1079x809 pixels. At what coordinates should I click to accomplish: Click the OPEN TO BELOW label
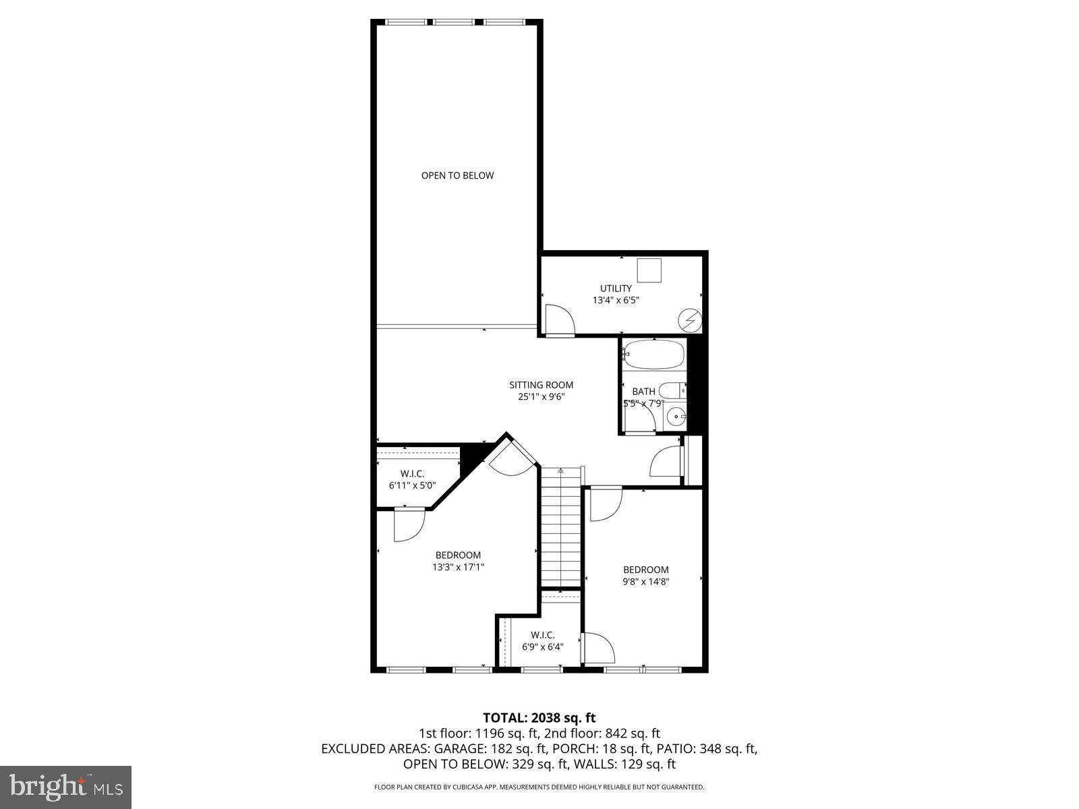pyautogui.click(x=457, y=175)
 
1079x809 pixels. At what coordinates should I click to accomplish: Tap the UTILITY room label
pyautogui.click(x=616, y=288)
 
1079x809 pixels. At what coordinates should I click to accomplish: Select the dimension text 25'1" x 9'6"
pyautogui.click(x=541, y=397)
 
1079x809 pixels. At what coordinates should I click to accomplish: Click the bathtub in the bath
pyautogui.click(x=653, y=355)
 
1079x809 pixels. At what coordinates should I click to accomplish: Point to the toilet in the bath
pyautogui.click(x=672, y=390)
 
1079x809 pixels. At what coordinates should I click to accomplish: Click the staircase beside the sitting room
pyautogui.click(x=561, y=529)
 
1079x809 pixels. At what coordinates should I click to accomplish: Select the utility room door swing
pyautogui.click(x=558, y=320)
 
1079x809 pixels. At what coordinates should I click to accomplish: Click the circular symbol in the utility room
pyautogui.click(x=689, y=320)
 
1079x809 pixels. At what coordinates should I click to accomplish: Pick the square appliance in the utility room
pyautogui.click(x=650, y=271)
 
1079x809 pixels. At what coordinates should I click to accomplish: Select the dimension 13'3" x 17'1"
pyautogui.click(x=458, y=567)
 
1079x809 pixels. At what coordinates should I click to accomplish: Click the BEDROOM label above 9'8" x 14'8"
pyautogui.click(x=645, y=570)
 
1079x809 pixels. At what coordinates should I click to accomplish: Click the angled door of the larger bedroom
pyautogui.click(x=512, y=458)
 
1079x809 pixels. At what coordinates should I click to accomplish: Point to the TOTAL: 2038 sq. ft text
pyautogui.click(x=539, y=717)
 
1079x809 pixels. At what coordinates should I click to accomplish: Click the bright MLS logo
pyautogui.click(x=65, y=786)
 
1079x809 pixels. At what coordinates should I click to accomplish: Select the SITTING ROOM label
pyautogui.click(x=541, y=385)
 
